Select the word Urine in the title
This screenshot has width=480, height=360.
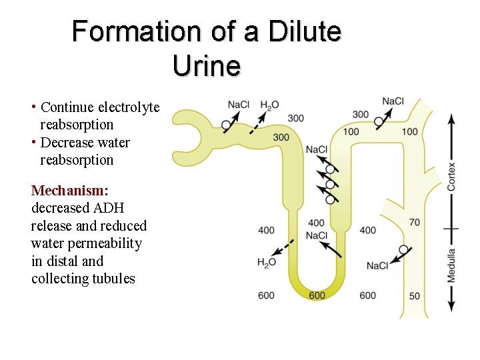click(206, 65)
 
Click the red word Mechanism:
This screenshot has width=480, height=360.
click(70, 191)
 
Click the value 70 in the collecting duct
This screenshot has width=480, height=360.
click(415, 222)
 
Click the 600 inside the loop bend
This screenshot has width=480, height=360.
click(317, 295)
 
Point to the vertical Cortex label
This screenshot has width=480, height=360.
click(452, 177)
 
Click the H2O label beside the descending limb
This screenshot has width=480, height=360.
click(267, 263)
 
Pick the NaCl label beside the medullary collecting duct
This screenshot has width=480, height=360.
click(377, 266)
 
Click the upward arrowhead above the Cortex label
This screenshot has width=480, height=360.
click(452, 119)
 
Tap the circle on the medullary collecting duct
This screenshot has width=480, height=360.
click(403, 249)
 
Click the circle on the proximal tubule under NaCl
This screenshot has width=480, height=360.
click(226, 125)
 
